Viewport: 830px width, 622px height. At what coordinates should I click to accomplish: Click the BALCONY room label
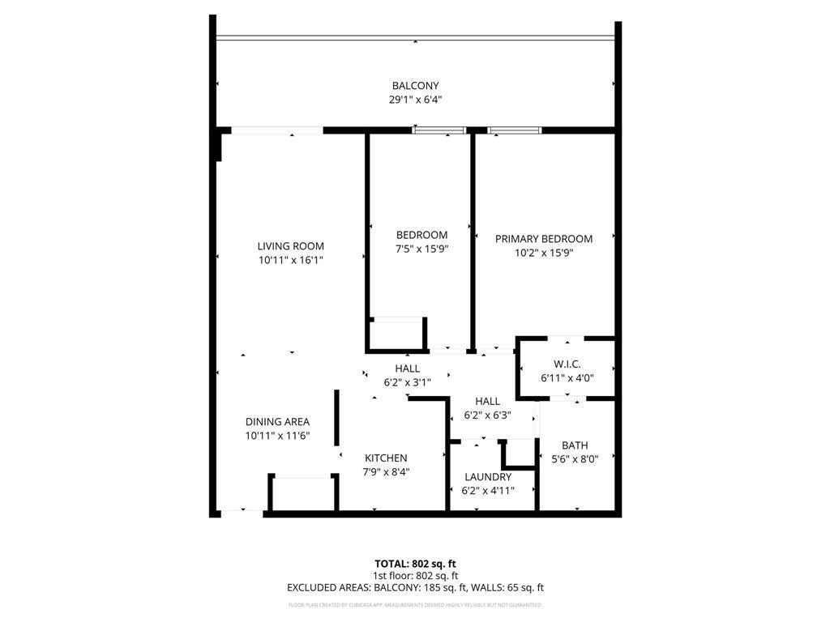(415, 86)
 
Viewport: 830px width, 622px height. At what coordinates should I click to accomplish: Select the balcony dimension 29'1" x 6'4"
(415, 100)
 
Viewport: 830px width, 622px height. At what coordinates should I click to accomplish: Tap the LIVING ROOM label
(291, 246)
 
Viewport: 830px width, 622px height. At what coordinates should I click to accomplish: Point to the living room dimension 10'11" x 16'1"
(291, 261)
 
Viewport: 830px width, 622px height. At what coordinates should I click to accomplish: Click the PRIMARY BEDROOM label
(544, 239)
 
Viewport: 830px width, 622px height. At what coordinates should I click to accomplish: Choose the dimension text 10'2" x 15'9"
(544, 253)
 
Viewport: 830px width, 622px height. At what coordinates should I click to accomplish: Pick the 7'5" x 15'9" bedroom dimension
(421, 249)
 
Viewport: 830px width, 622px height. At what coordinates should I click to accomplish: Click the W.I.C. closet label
(567, 364)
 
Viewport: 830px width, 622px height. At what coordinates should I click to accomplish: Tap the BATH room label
(575, 445)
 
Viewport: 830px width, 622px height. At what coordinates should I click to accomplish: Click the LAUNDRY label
(488, 477)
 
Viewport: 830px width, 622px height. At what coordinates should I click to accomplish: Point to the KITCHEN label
(386, 458)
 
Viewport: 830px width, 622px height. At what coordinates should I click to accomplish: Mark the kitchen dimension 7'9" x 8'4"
(386, 472)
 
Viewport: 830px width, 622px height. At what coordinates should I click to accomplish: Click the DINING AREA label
(277, 422)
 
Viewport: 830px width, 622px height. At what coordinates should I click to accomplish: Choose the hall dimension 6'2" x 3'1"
(407, 382)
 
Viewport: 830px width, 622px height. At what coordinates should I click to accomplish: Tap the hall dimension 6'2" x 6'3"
(487, 415)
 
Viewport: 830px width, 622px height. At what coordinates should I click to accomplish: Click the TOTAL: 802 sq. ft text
(415, 564)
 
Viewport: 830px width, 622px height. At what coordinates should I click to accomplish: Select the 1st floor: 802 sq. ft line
(415, 576)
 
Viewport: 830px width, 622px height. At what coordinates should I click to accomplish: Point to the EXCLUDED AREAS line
(415, 588)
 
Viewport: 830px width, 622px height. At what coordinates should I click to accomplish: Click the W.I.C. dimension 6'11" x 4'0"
(567, 377)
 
